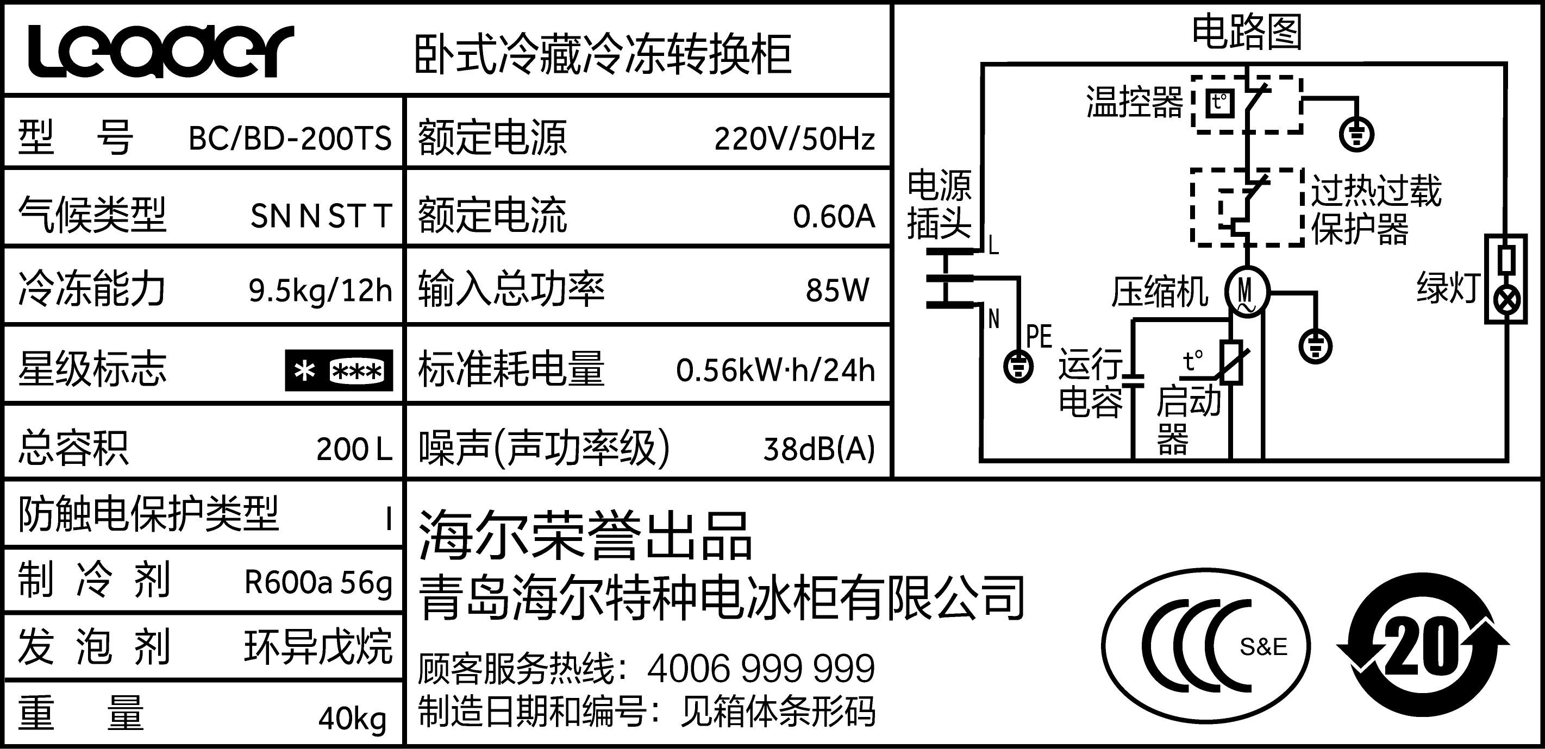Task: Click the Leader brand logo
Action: (161, 52)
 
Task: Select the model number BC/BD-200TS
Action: (290, 139)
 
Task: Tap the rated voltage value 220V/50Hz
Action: (794, 139)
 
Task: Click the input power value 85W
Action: (837, 290)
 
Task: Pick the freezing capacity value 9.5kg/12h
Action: (320, 291)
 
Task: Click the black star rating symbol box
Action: (339, 370)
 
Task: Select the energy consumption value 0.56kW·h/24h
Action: (775, 370)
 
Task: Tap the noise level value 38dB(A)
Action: (818, 449)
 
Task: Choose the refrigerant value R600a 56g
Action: (318, 582)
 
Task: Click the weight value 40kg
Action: (352, 717)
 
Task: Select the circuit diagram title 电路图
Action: (1246, 33)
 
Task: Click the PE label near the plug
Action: (1040, 336)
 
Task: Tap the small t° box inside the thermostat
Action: (1220, 103)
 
